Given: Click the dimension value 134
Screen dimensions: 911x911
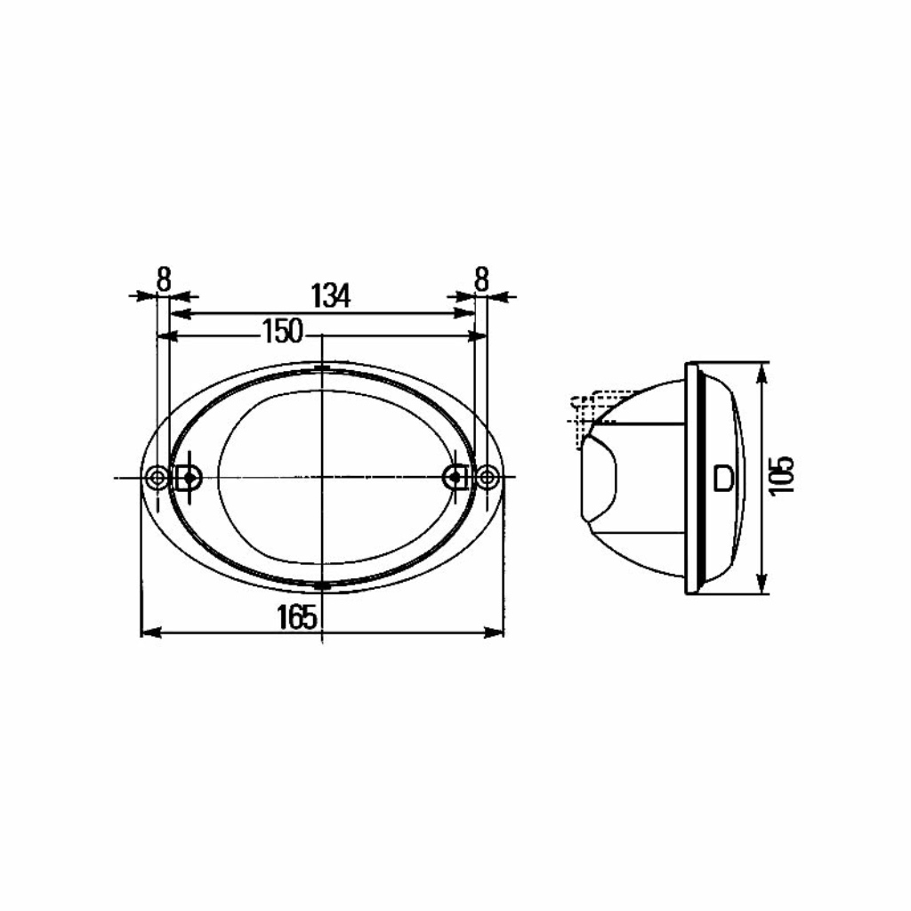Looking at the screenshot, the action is (331, 295).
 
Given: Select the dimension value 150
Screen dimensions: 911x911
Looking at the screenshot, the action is (283, 331).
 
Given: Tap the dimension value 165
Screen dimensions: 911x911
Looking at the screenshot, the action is (297, 617).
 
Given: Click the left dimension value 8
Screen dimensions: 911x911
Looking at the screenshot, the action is (164, 279).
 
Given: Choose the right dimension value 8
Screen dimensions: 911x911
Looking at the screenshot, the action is (481, 279).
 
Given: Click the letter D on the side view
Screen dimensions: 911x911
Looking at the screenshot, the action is (723, 478).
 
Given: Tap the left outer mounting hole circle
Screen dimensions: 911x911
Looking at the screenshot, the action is (157, 478).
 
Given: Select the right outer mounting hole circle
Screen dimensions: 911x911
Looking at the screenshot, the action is (488, 478).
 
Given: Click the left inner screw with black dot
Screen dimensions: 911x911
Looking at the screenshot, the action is (189, 478).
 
